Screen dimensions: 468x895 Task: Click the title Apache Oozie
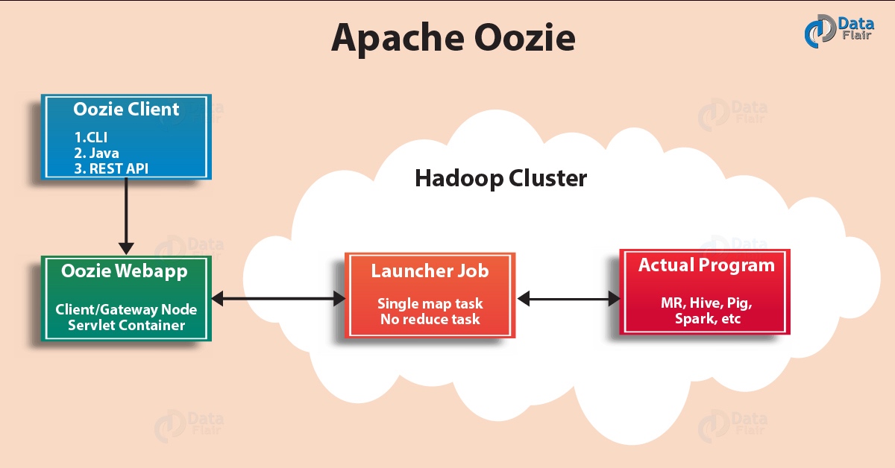pos(453,37)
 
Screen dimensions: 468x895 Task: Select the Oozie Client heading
pos(126,110)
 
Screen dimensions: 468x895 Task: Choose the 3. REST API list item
pos(111,168)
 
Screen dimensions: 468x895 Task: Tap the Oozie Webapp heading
pos(125,271)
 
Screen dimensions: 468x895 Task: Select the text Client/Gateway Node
pos(125,309)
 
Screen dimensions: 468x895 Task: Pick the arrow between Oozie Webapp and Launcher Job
pos(278,299)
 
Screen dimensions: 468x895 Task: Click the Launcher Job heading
pos(430,271)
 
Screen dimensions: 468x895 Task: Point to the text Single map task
pos(430,303)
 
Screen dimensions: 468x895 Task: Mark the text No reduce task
pos(430,319)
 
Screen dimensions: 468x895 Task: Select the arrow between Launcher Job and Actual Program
pos(569,299)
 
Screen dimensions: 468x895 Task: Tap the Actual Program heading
pos(706,265)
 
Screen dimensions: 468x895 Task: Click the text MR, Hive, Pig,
pos(706,303)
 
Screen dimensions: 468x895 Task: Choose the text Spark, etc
pos(706,319)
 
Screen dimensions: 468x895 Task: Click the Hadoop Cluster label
pos(500,179)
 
